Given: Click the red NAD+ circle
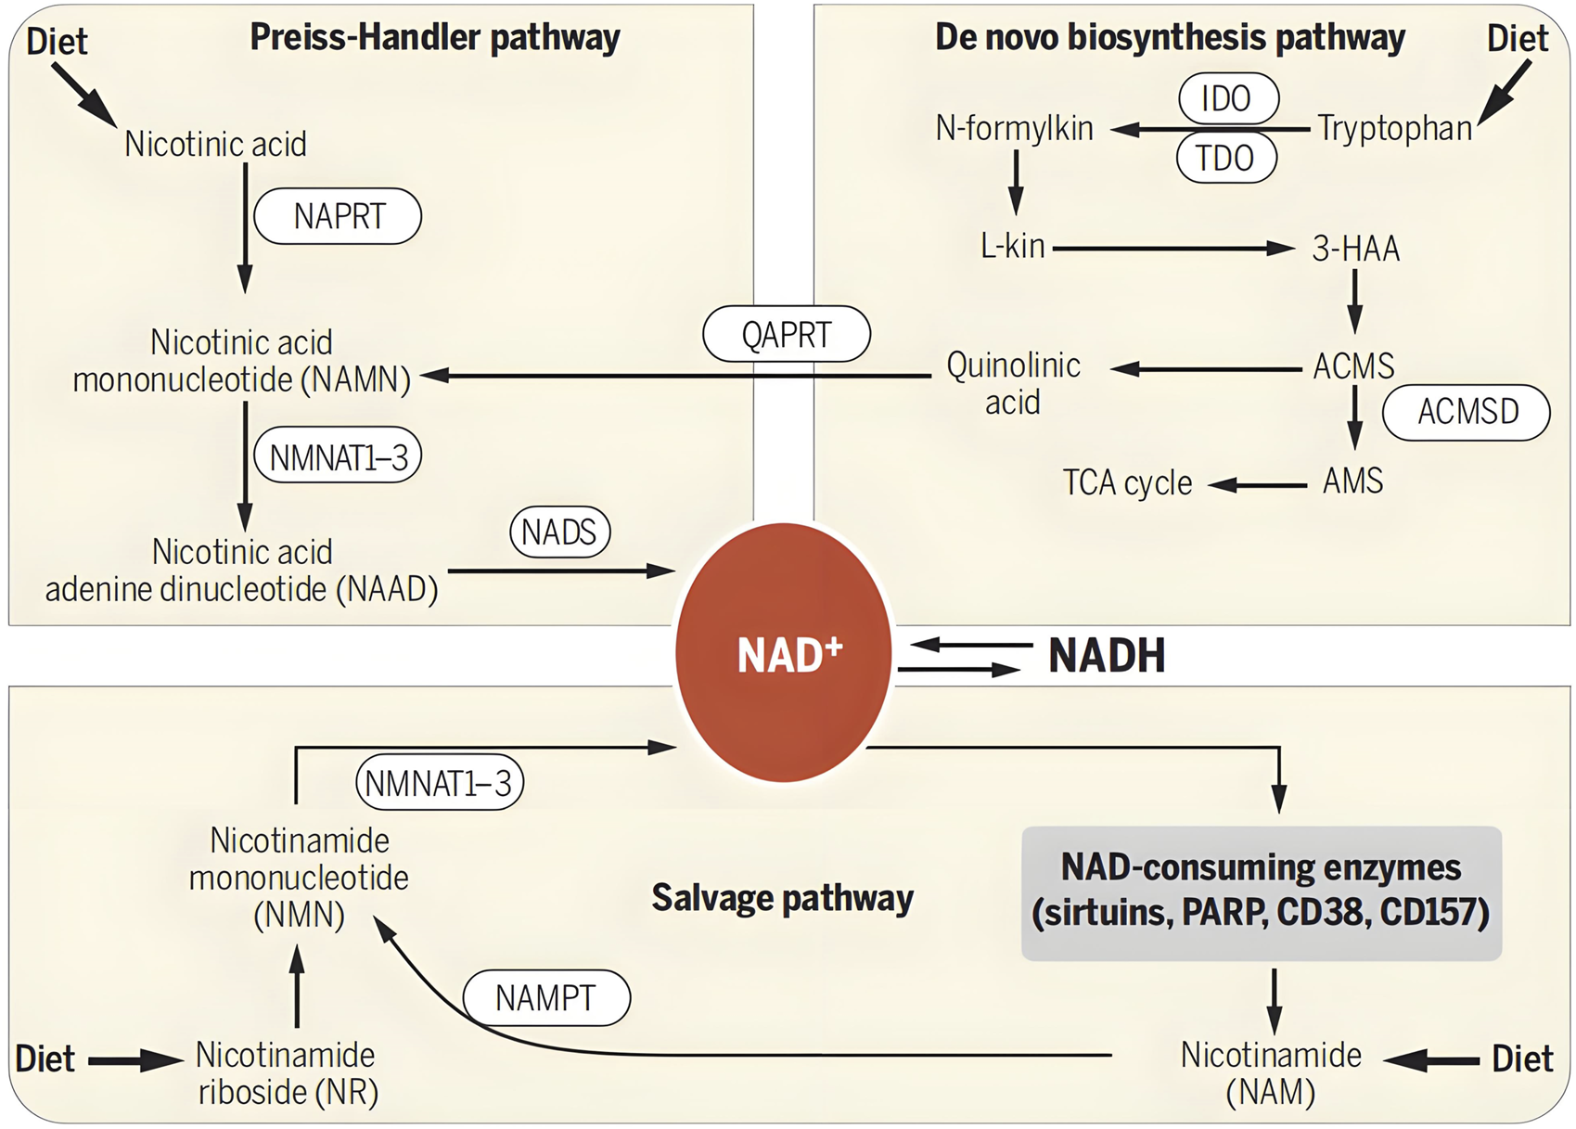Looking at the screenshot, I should [x=784, y=653].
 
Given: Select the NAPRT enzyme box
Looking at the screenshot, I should [x=339, y=217].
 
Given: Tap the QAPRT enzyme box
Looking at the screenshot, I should [x=787, y=334].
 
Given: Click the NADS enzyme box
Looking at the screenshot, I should [x=559, y=532].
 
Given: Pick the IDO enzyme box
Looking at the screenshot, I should [x=1228, y=98].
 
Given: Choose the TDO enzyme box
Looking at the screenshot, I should [x=1225, y=159].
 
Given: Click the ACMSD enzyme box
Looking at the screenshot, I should [x=1467, y=412].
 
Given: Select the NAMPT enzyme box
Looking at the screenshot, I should [x=546, y=998].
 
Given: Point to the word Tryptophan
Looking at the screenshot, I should [x=1394, y=128].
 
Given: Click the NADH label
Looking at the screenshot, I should [x=1107, y=656].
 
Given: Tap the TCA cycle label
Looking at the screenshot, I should [x=1127, y=483].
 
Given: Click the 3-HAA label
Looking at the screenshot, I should [x=1354, y=249].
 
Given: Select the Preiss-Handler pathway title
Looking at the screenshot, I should [x=435, y=38].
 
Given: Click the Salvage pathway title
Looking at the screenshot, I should [x=782, y=898].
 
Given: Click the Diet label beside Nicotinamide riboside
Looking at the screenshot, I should [x=45, y=1058].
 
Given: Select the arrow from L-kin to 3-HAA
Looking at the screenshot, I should [x=1173, y=249].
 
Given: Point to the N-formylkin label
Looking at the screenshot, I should [x=1014, y=128].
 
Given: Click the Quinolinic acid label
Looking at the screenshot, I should [x=1013, y=383].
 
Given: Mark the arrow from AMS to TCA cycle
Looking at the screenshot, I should [x=1257, y=484].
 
